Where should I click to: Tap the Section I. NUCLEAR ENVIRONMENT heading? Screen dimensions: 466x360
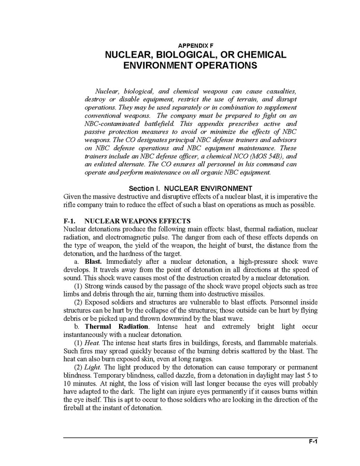click(x=190, y=188)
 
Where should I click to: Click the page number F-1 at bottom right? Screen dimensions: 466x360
click(x=312, y=442)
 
